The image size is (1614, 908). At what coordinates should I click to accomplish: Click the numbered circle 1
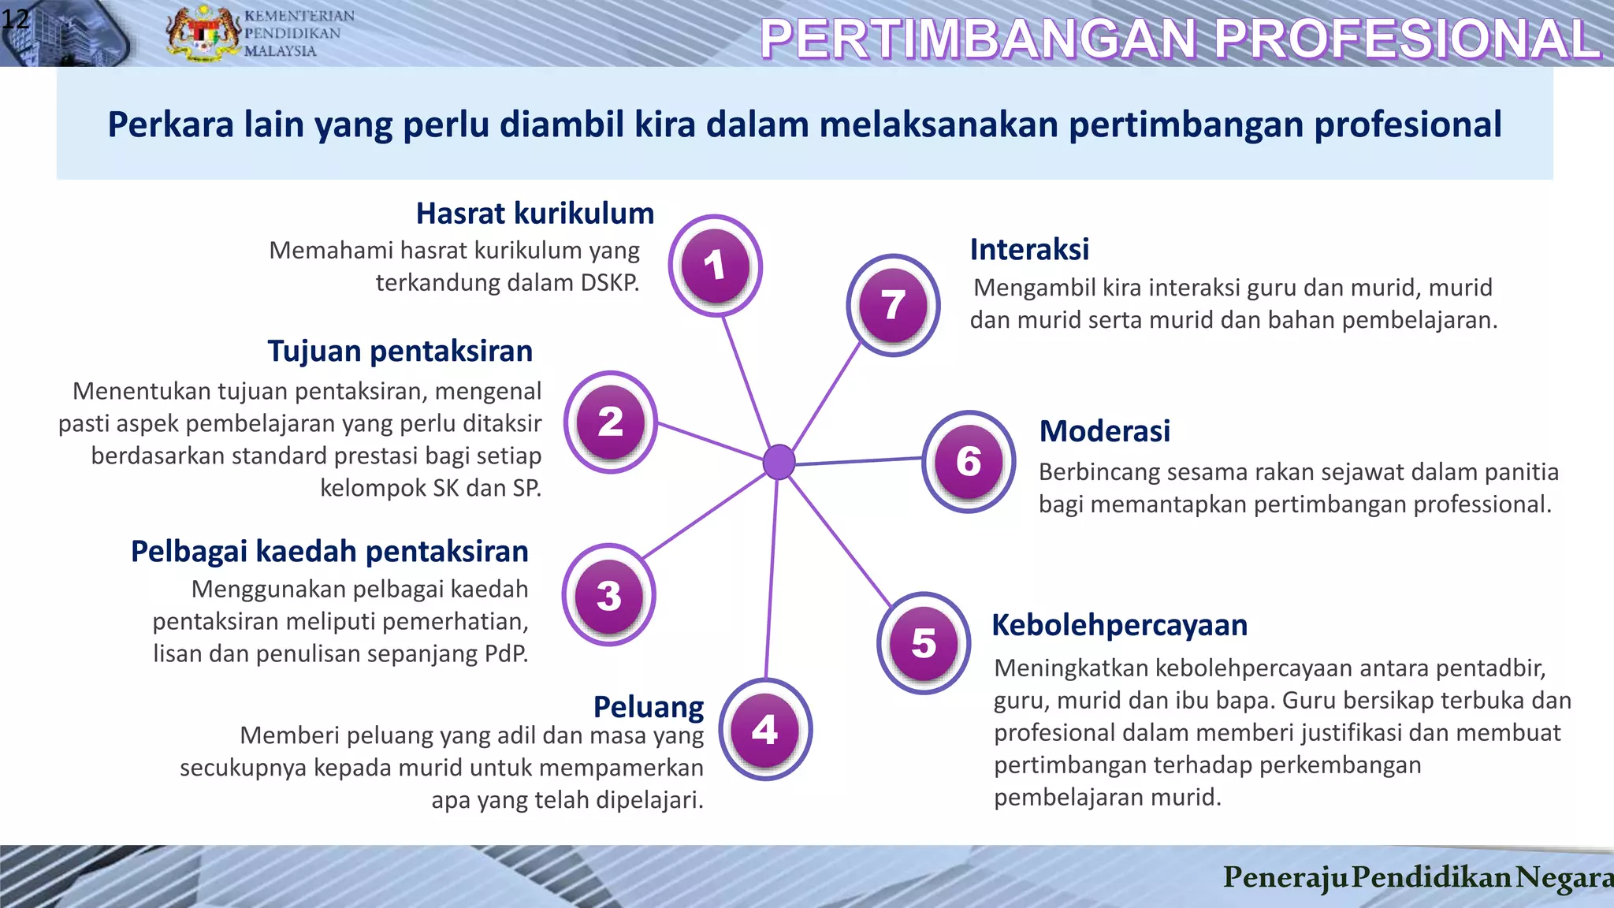[x=715, y=266]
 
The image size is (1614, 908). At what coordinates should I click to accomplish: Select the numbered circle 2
[x=611, y=422]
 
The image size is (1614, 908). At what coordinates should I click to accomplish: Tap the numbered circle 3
[x=608, y=596]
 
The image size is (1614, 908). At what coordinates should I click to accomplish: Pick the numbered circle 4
[x=765, y=730]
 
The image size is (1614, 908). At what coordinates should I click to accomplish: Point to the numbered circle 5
[x=924, y=643]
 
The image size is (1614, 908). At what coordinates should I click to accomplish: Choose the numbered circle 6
[x=969, y=461]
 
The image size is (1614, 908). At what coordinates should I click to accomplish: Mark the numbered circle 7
[x=893, y=305]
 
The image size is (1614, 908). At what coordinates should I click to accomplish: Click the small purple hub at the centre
[x=779, y=462]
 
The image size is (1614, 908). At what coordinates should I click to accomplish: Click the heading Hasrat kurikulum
[x=535, y=214]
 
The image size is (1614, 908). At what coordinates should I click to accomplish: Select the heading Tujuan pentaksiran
[x=400, y=351]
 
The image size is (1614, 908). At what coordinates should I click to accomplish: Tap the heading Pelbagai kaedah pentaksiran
[x=329, y=551]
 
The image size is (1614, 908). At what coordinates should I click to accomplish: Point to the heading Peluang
[x=648, y=707]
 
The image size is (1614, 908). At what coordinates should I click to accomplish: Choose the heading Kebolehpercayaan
[x=1119, y=625]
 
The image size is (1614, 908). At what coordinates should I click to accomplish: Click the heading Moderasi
[x=1104, y=431]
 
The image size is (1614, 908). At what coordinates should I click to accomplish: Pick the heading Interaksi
[x=1029, y=250]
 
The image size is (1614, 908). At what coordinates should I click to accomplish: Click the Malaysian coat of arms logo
[x=203, y=33]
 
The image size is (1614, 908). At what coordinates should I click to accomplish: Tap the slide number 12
[x=15, y=17]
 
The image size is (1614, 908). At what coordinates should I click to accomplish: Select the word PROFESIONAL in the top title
[x=1408, y=39]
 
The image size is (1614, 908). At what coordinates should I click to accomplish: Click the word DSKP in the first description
[x=609, y=283]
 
